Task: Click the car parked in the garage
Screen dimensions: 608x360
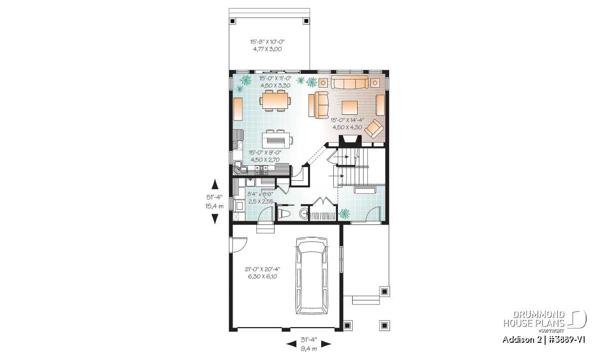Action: pyautogui.click(x=312, y=276)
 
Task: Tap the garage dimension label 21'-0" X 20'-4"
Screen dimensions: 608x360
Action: pyautogui.click(x=262, y=269)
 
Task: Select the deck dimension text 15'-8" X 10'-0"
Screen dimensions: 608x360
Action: pyautogui.click(x=268, y=42)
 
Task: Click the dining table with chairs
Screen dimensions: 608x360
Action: pyautogui.click(x=275, y=101)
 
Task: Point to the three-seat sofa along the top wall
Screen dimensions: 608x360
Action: pyautogui.click(x=350, y=82)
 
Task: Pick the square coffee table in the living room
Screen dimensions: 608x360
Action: pyautogui.click(x=350, y=108)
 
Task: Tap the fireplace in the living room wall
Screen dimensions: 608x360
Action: pyautogui.click(x=350, y=141)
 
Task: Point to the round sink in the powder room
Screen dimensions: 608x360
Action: pyautogui.click(x=304, y=214)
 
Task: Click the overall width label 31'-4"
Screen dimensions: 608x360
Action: pyautogui.click(x=309, y=339)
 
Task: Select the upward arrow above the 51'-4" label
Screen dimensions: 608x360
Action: pyautogui.click(x=215, y=184)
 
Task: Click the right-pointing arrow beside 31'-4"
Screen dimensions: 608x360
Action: pyautogui.click(x=326, y=344)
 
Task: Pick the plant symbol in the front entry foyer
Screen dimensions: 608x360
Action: pyautogui.click(x=345, y=214)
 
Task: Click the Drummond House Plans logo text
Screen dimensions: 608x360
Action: pyautogui.click(x=534, y=319)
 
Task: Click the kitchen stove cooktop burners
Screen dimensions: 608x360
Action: pyautogui.click(x=261, y=170)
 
